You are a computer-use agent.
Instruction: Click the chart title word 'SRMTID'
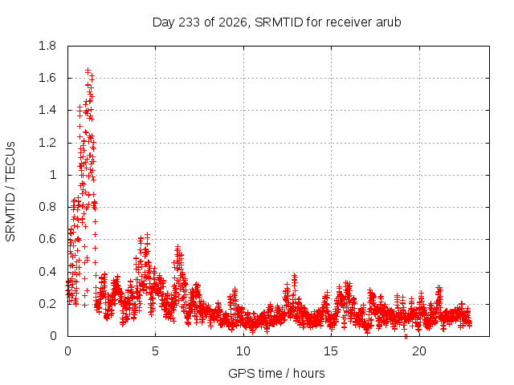click(279, 22)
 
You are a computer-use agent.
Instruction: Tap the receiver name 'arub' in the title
click(389, 22)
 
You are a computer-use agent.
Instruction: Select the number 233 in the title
click(190, 22)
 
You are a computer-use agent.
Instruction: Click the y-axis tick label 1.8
click(47, 46)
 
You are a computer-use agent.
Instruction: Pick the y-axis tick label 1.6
click(47, 78)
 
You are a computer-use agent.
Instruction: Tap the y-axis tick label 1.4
click(47, 111)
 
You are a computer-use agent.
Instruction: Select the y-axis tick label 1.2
click(47, 143)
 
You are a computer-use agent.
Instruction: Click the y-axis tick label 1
click(53, 175)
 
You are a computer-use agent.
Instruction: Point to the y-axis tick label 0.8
click(47, 207)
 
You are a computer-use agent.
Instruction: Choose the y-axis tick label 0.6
click(47, 239)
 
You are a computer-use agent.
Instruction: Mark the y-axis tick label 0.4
click(47, 272)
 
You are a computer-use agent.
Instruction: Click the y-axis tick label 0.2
click(47, 304)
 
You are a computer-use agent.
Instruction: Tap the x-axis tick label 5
click(155, 351)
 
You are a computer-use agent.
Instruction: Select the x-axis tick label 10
click(243, 351)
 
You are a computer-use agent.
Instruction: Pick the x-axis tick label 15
click(331, 351)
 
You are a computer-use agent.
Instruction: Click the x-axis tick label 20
click(419, 351)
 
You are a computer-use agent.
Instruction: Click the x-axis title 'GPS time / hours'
click(276, 374)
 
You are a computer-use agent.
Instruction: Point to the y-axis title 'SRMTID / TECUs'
click(10, 192)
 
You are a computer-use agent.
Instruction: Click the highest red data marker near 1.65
click(88, 71)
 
